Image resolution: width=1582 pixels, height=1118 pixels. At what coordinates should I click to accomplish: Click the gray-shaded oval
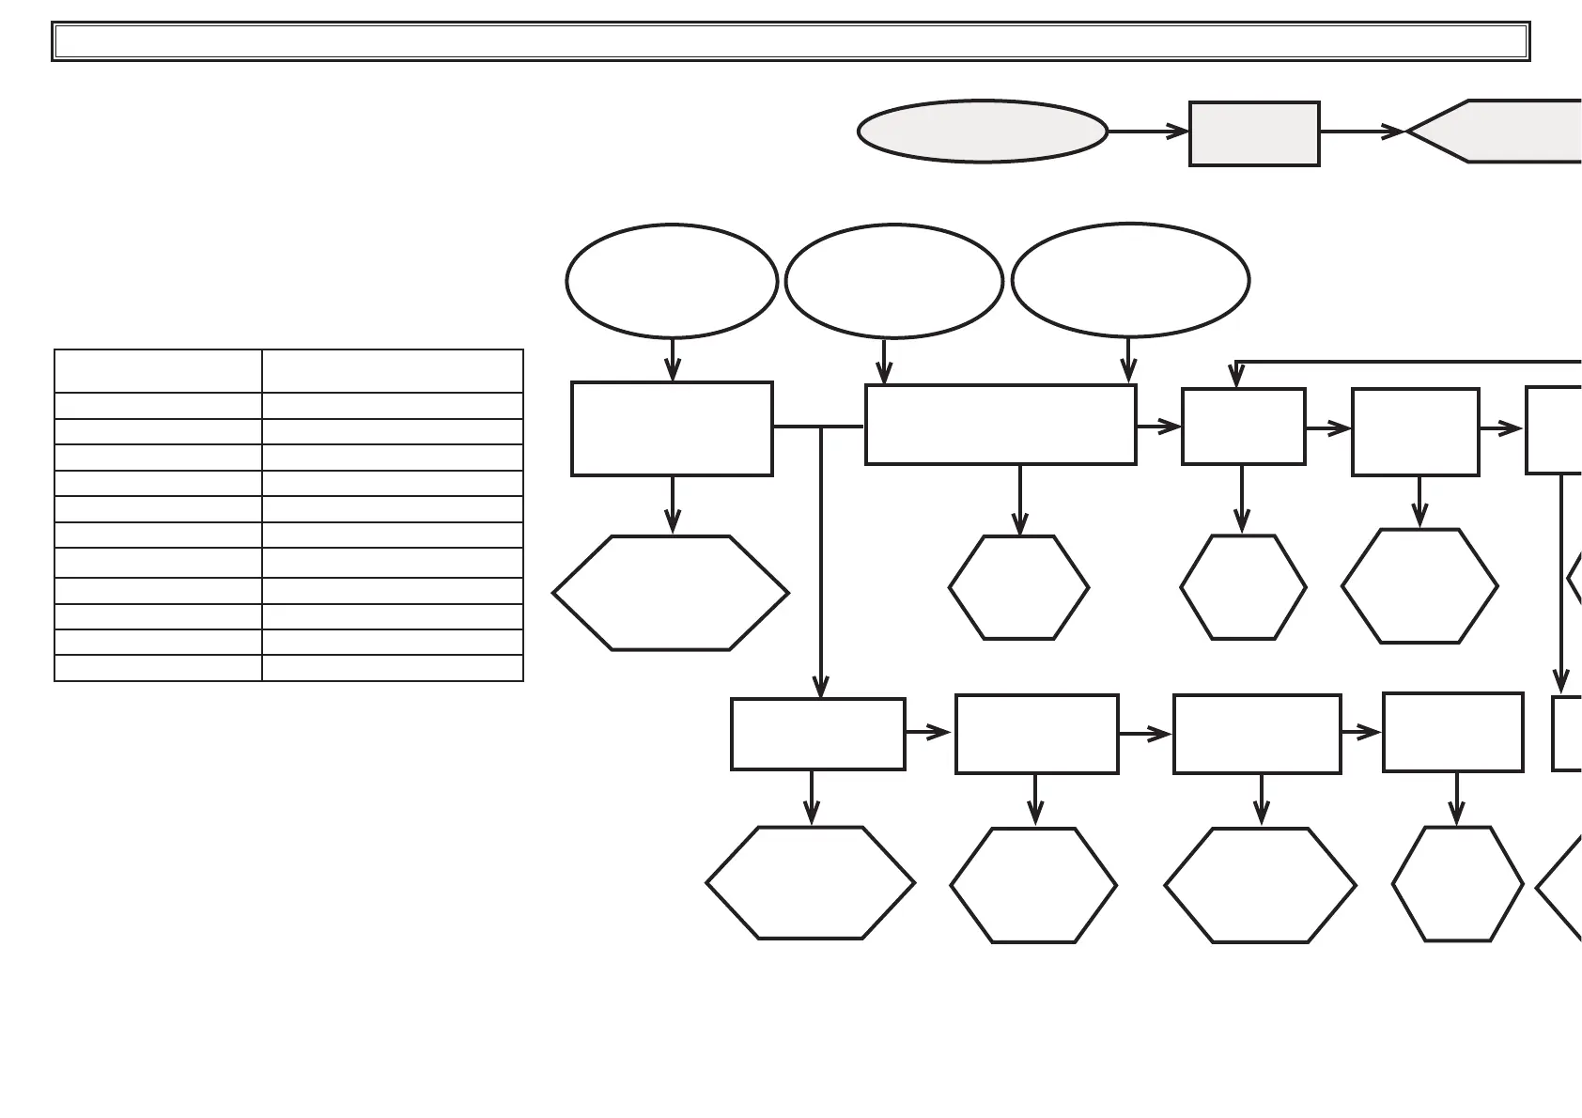point(982,132)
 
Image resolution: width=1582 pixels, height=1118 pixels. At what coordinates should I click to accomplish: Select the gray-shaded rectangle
point(1254,133)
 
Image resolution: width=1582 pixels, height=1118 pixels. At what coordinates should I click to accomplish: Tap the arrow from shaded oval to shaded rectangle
point(1148,132)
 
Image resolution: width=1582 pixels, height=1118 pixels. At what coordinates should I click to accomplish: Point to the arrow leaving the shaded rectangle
point(1362,132)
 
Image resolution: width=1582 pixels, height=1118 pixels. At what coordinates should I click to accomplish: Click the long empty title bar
point(791,41)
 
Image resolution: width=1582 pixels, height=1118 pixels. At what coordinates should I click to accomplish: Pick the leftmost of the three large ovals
point(672,280)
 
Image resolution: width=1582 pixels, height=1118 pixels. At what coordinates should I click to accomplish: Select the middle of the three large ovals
point(893,280)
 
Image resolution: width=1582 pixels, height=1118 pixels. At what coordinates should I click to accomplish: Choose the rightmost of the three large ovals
point(1130,279)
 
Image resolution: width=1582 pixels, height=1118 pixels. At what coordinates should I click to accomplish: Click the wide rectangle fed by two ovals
point(1000,425)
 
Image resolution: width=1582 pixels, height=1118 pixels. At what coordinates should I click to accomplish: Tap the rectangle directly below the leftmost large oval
point(672,428)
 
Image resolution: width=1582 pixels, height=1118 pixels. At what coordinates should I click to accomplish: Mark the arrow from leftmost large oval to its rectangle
point(672,359)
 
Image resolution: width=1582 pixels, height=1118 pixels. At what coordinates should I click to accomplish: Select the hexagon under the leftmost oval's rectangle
point(671,593)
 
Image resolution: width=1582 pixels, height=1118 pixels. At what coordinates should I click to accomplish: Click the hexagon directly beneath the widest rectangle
point(1019,588)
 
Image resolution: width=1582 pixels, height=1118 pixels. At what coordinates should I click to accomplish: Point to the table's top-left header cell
point(158,371)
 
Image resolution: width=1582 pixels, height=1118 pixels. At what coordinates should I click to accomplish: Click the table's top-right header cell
point(392,371)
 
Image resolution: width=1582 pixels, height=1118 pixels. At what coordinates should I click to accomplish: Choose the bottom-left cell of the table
point(158,668)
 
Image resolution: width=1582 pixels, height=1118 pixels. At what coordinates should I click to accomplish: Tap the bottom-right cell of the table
point(392,668)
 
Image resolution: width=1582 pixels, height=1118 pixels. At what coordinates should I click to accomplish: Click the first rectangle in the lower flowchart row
point(817,734)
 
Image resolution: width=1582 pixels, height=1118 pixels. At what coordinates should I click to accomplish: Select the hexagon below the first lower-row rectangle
point(810,883)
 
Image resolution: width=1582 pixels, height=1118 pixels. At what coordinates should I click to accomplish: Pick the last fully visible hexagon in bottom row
point(1457,884)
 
